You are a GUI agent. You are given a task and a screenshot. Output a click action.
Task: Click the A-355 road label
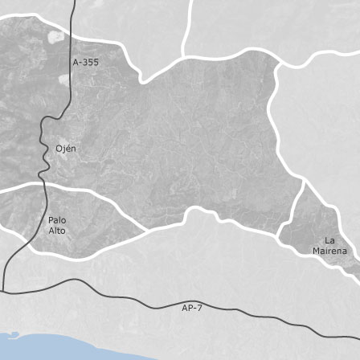coord(85,62)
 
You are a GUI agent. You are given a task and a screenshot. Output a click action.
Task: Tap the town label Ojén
coord(66,149)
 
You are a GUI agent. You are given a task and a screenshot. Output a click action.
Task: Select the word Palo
coord(57,219)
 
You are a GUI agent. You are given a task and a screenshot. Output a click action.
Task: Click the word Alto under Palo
coord(57,231)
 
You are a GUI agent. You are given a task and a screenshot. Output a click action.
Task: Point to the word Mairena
coord(329,251)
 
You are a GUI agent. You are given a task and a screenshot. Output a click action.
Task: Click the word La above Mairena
coord(329,240)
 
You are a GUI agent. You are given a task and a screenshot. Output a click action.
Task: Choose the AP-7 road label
coord(192,307)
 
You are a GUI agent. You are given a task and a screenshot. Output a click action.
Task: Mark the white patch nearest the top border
coord(55,36)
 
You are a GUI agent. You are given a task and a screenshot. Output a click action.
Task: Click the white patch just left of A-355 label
coord(63,79)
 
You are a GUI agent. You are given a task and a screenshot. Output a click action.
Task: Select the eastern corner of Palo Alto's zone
coord(145,232)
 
